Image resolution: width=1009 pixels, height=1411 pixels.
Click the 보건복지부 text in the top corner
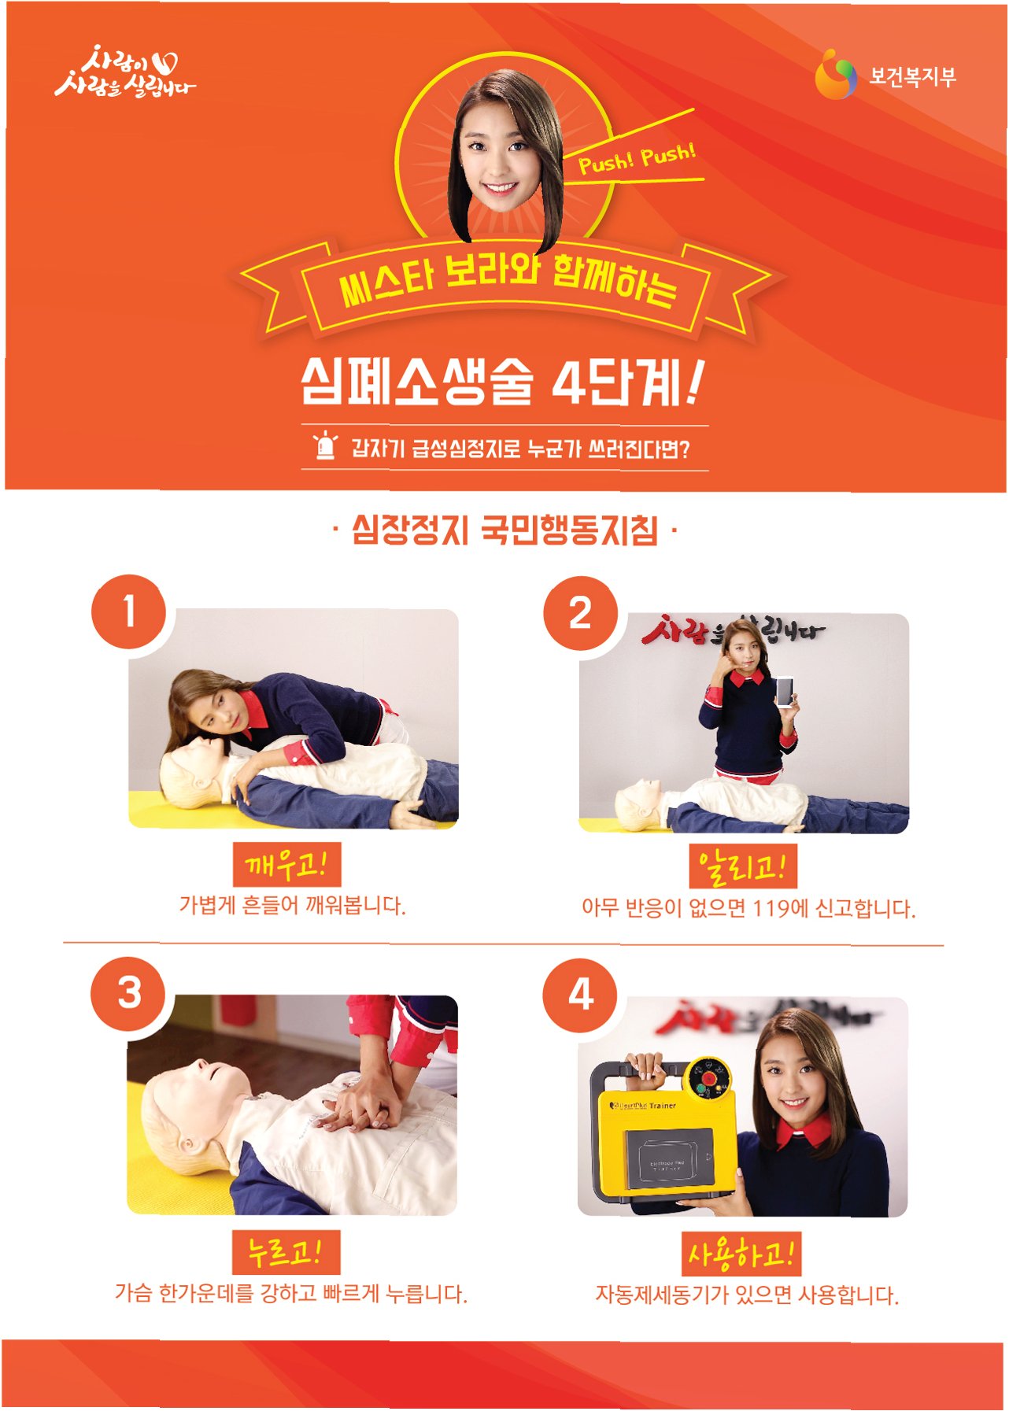[x=912, y=77]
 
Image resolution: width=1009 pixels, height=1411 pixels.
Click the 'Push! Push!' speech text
[x=638, y=157]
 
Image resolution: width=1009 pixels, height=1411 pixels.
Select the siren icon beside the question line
[x=325, y=445]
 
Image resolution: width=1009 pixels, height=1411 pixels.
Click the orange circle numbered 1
[x=129, y=612]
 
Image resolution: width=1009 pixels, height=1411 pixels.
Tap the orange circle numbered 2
[x=580, y=612]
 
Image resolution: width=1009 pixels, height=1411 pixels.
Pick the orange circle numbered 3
[x=129, y=993]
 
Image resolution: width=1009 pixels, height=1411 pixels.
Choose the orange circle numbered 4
[x=580, y=995]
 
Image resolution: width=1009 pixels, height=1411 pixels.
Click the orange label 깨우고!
[x=286, y=865]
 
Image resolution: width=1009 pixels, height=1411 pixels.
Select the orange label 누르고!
[x=286, y=1251]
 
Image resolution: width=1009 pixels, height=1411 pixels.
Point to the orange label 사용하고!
[x=741, y=1254]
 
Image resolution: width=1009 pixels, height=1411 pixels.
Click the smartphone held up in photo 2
[x=786, y=691]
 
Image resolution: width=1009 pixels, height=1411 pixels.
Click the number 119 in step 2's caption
[x=771, y=909]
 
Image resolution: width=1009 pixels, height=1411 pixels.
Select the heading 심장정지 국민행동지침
[x=504, y=530]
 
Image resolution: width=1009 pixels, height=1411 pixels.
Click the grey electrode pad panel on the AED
[x=669, y=1158]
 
